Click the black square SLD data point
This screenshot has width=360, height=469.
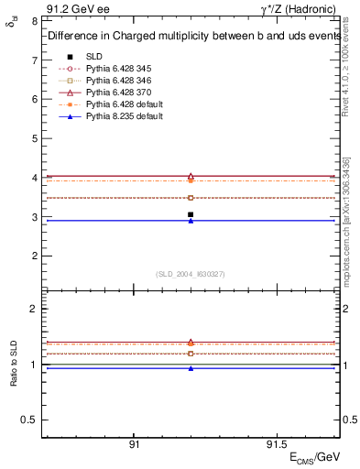(191, 214)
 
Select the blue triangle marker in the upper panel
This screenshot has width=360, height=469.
(191, 221)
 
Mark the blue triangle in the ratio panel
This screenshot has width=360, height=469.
(191, 368)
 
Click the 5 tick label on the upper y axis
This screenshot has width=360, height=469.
(34, 138)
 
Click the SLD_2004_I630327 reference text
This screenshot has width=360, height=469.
(191, 274)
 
